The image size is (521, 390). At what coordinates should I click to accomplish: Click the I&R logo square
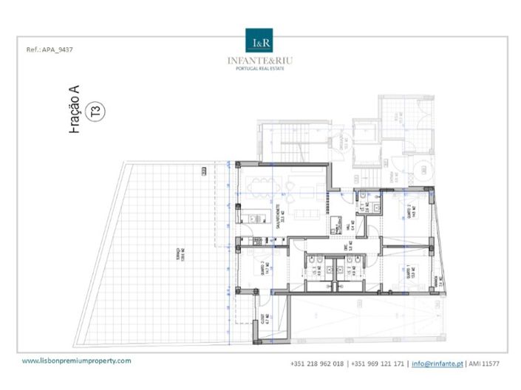tap(261, 41)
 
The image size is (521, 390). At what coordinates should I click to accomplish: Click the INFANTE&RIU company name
tap(261, 60)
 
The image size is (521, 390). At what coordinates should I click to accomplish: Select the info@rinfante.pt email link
tap(437, 363)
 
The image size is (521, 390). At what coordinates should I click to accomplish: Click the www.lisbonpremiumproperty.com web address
tap(77, 360)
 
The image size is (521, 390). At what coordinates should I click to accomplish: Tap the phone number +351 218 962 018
tap(318, 363)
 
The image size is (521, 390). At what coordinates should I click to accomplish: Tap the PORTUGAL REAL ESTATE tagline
tap(261, 68)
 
